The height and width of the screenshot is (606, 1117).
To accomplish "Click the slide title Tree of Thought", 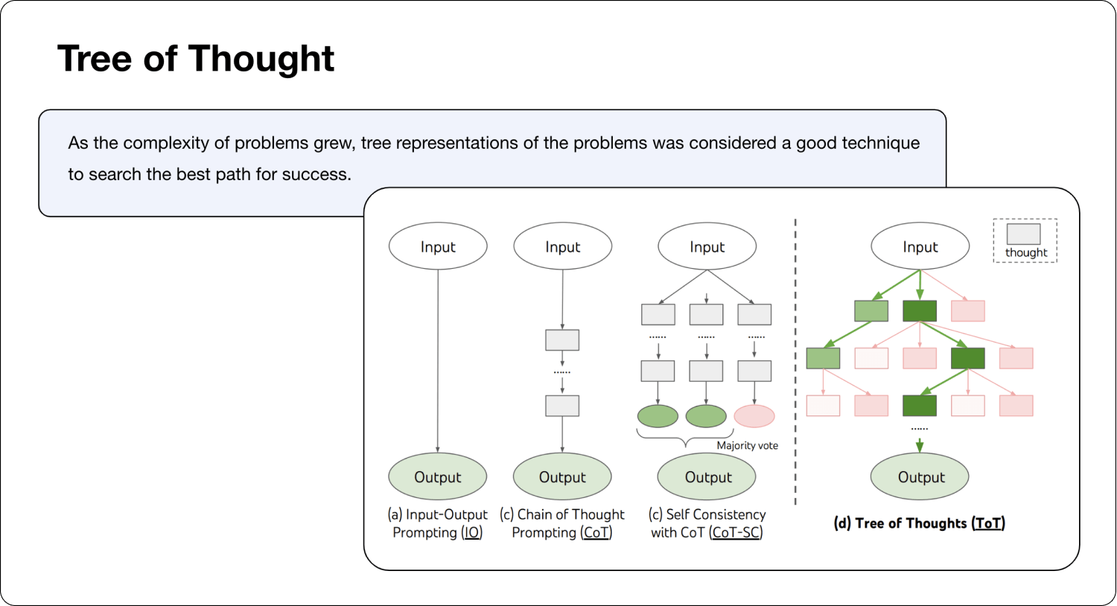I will coord(196,59).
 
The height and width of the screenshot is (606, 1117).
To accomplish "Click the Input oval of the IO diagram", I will coord(438,246).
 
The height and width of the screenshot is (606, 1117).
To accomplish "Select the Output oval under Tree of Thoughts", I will coord(920,477).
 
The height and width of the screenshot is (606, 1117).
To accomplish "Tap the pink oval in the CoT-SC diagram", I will coord(754,416).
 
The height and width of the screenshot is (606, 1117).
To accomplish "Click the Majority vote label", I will coord(747,445).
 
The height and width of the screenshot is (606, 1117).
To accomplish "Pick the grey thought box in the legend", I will coord(1024,234).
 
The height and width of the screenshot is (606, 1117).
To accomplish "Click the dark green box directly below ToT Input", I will coord(920,310).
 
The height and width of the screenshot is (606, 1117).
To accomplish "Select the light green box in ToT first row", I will coord(871,310).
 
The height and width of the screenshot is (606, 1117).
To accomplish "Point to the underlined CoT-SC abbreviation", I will coord(736,533).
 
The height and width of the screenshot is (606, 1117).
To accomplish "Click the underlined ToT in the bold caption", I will coord(988,523).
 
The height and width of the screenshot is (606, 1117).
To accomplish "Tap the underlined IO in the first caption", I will coord(472,533).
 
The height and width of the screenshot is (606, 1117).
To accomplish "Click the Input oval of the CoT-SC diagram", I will coord(707,246).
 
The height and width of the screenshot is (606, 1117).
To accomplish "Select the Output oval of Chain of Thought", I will coord(562,477).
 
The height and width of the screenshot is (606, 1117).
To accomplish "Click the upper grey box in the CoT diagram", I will coord(562,339).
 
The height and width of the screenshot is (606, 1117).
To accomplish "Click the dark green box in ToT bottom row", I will coord(920,405).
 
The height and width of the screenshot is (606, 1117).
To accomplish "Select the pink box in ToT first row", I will coord(968,310).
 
